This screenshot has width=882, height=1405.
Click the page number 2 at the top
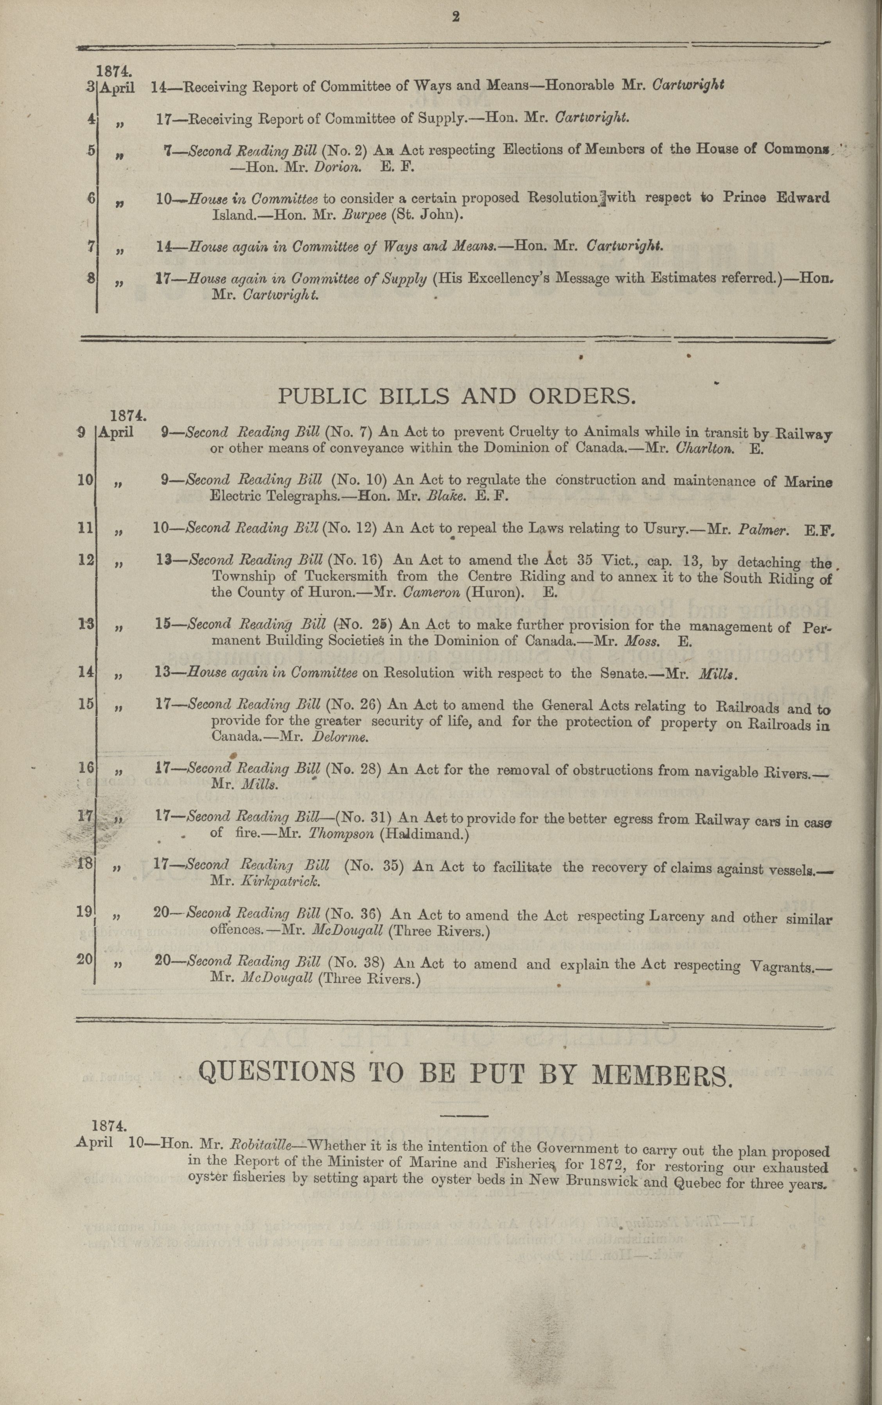click(x=456, y=18)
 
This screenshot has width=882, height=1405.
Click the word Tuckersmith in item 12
click(x=346, y=577)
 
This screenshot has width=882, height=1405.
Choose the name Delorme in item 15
click(x=340, y=737)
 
